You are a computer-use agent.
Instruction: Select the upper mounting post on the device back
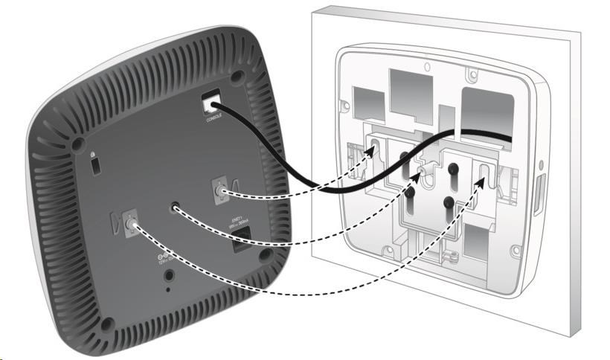click(220, 193)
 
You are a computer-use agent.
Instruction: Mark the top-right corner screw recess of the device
click(237, 77)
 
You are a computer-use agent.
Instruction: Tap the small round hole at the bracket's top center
click(426, 65)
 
